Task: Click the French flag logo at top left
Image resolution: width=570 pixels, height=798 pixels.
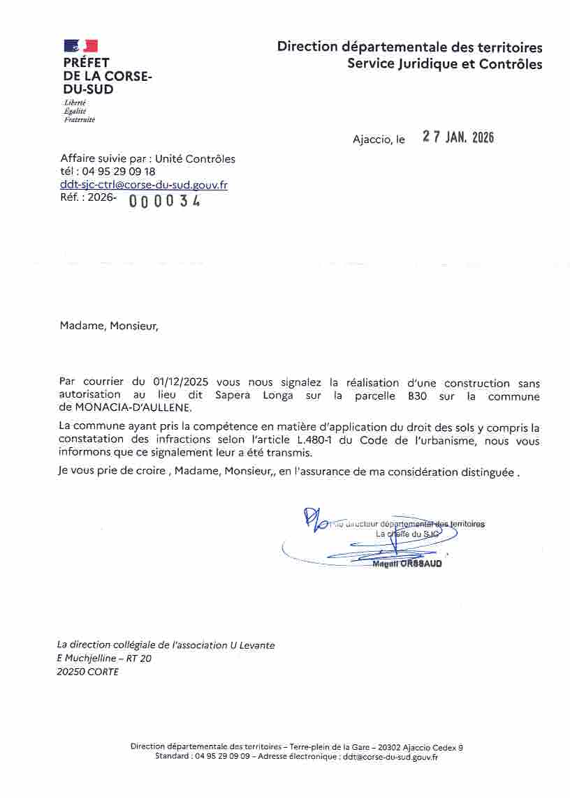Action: [x=80, y=46]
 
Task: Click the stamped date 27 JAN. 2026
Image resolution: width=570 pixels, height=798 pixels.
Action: [x=458, y=137]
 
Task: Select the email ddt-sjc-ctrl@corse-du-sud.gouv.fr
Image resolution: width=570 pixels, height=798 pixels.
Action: [x=144, y=185]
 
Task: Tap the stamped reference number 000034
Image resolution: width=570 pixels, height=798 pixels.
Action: [x=165, y=201]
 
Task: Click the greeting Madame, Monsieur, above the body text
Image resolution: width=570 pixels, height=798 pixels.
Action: [x=109, y=325]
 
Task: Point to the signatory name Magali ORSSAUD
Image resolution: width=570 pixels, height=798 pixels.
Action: [x=407, y=564]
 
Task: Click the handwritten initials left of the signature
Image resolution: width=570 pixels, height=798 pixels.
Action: [x=314, y=519]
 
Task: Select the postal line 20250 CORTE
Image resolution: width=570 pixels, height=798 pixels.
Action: [x=87, y=672]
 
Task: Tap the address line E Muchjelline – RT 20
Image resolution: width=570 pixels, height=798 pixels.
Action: [x=104, y=658]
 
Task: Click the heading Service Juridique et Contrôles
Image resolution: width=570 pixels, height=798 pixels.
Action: [x=445, y=64]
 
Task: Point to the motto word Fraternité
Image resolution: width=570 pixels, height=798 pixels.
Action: [x=79, y=119]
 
